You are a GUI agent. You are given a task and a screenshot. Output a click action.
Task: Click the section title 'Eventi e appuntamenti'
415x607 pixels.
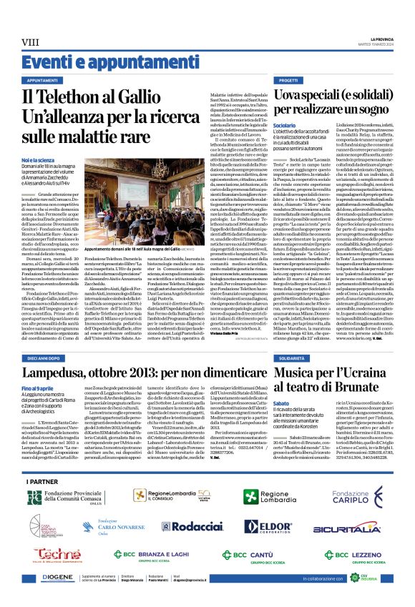click(x=78, y=61)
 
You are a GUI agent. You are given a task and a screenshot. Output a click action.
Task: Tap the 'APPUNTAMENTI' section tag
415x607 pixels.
click(x=42, y=81)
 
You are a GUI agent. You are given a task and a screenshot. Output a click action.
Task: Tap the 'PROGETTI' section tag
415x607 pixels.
click(x=288, y=81)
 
